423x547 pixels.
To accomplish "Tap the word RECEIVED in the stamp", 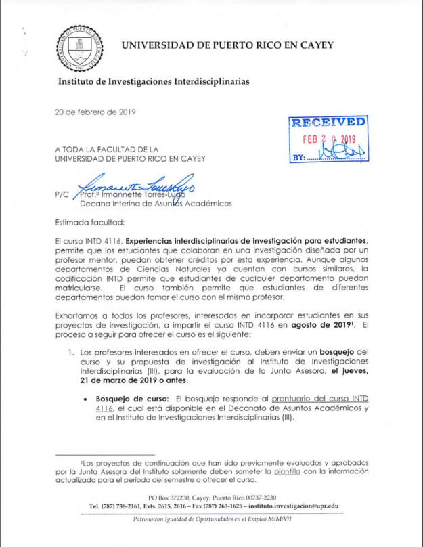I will click(329, 123).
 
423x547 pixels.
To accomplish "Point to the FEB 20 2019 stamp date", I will click(328, 139).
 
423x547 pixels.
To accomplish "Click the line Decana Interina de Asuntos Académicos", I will click(155, 202).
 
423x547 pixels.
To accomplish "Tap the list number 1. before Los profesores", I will click(70, 352).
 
